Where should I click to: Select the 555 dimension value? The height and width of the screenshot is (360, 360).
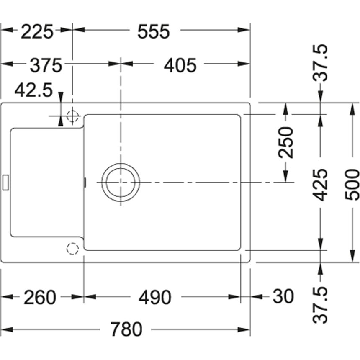[153, 31]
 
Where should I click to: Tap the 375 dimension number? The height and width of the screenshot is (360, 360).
[46, 65]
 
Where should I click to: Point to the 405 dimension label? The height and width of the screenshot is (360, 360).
[180, 65]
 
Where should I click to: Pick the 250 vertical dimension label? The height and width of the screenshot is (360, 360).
[287, 142]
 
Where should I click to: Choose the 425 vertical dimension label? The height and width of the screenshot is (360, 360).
[320, 185]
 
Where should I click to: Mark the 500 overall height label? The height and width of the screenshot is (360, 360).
[353, 185]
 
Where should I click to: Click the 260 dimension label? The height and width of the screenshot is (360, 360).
[39, 298]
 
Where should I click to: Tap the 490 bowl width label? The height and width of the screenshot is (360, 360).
[154, 298]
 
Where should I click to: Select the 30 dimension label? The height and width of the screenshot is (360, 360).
[283, 297]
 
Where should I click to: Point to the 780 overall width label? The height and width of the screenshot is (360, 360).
[126, 329]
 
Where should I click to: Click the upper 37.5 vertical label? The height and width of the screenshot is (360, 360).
[321, 63]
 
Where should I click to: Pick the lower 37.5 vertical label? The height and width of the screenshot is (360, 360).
[321, 305]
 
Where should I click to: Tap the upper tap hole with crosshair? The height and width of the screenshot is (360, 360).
[72, 115]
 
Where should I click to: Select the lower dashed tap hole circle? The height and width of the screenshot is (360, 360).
[72, 249]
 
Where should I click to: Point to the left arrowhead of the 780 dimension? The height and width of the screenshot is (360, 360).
[5, 330]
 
